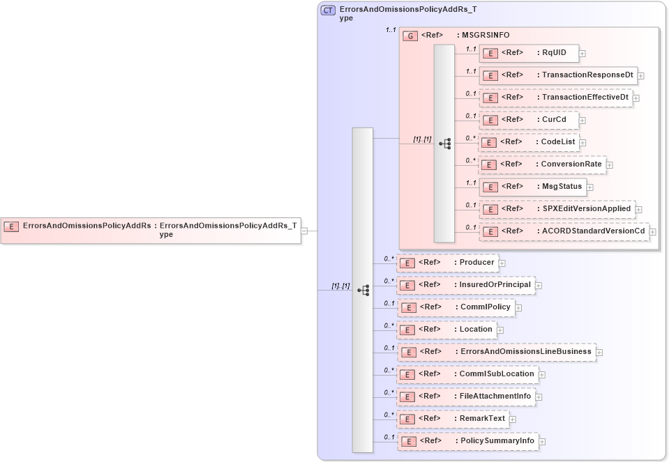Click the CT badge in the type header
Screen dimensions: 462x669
pos(328,10)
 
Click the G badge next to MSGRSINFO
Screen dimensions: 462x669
pos(411,35)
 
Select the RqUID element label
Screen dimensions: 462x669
pos(554,52)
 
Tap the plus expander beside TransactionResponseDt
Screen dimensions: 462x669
pos(640,75)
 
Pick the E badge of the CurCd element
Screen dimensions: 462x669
pos(490,120)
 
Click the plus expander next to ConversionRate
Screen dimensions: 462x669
pos(609,164)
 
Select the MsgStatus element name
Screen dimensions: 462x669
pos(562,186)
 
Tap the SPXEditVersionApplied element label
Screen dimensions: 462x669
pos(587,208)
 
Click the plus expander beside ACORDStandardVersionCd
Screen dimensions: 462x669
pos(652,231)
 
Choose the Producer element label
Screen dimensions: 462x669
pos(476,263)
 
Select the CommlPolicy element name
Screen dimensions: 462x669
pos(485,307)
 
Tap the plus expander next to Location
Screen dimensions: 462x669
pos(499,330)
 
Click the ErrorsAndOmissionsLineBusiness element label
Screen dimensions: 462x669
pos(525,351)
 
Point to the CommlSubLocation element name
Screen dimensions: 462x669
pos(496,374)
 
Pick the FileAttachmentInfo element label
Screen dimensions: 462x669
pos(495,396)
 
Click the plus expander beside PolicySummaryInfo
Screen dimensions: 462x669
pos(542,441)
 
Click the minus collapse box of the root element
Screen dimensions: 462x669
pos(305,231)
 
